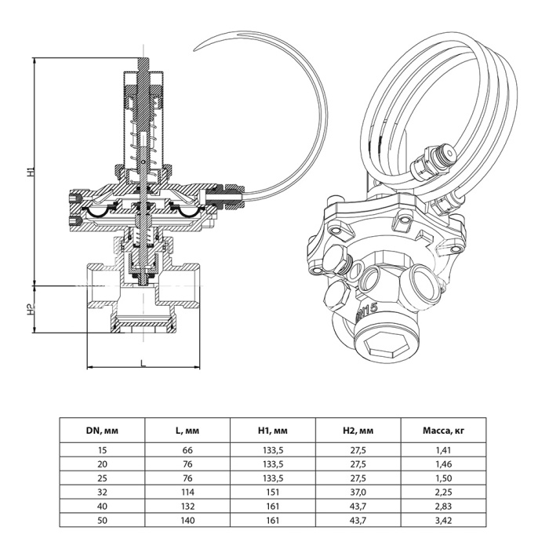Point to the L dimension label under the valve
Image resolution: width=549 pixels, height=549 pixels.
point(143,363)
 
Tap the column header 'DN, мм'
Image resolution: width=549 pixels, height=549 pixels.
point(102,430)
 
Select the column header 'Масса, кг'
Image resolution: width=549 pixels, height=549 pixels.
point(442,430)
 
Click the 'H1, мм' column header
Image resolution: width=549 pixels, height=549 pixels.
point(272,430)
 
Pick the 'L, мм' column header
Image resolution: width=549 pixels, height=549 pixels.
point(187,430)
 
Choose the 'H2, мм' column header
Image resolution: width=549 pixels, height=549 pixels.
point(358,430)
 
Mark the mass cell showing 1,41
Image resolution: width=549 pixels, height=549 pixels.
point(442,450)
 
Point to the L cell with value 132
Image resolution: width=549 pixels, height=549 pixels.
point(187,507)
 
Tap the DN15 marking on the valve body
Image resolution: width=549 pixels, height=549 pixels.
point(366,311)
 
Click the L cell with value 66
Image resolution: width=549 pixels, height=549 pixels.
point(187,450)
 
